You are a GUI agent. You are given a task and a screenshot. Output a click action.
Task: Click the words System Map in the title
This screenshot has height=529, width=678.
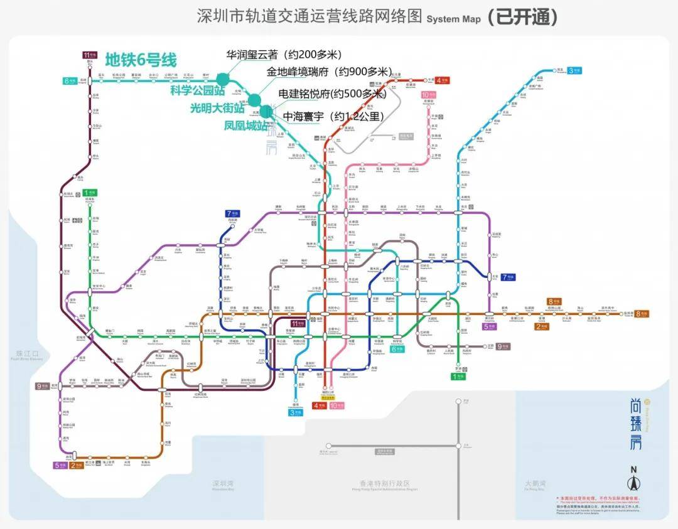pyautogui.click(x=453, y=19)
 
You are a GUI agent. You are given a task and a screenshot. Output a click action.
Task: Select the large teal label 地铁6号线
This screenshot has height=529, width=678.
pyautogui.click(x=141, y=60)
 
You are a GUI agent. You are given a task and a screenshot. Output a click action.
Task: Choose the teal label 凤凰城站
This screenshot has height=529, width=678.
pyautogui.click(x=245, y=125)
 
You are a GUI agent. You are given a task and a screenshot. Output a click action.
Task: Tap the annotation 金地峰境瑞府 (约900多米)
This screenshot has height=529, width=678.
pyautogui.click(x=330, y=72)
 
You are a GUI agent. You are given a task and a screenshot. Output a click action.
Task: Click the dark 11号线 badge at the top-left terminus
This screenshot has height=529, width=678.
pyautogui.click(x=90, y=55)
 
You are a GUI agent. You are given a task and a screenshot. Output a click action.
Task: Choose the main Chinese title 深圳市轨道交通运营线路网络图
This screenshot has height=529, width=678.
pyautogui.click(x=309, y=17)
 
